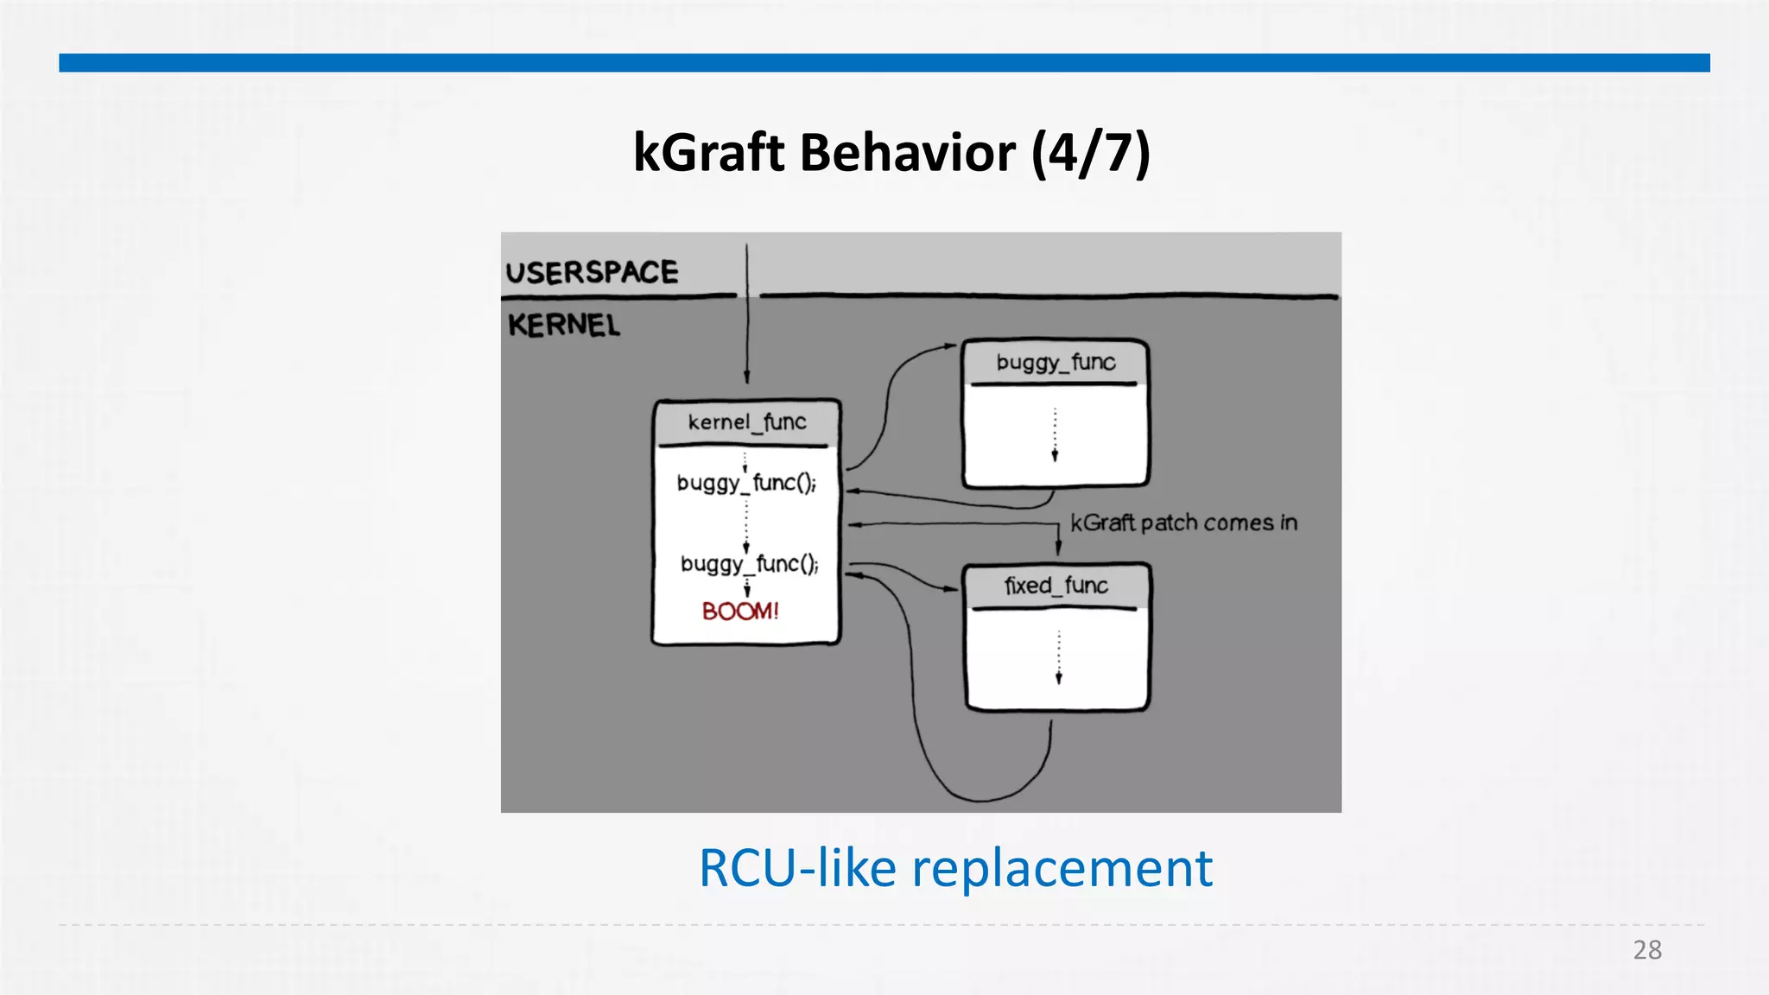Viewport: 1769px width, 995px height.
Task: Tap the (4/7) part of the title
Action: point(1090,154)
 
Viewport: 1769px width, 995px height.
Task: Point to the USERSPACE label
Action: point(592,272)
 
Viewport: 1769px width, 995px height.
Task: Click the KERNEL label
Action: point(563,326)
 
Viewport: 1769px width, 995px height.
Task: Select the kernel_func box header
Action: point(746,422)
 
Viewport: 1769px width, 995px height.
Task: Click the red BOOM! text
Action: point(740,612)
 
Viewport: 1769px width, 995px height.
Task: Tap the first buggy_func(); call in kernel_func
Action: point(746,483)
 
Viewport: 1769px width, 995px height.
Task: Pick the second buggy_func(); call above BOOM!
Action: point(749,564)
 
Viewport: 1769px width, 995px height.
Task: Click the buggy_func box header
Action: point(1056,362)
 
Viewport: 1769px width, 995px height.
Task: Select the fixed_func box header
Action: point(1056,586)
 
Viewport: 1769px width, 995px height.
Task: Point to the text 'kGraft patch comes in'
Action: point(1183,523)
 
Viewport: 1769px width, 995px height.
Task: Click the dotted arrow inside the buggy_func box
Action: point(1055,435)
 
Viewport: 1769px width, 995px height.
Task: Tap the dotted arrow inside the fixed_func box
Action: point(1058,658)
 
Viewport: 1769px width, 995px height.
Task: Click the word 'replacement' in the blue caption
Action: point(1062,868)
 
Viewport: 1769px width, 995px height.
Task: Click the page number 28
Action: point(1647,950)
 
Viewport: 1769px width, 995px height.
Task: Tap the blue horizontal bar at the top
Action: point(884,63)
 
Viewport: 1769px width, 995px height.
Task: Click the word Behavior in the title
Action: point(908,154)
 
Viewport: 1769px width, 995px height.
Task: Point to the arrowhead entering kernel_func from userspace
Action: point(747,377)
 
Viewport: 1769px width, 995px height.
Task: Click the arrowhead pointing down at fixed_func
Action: point(1059,548)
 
